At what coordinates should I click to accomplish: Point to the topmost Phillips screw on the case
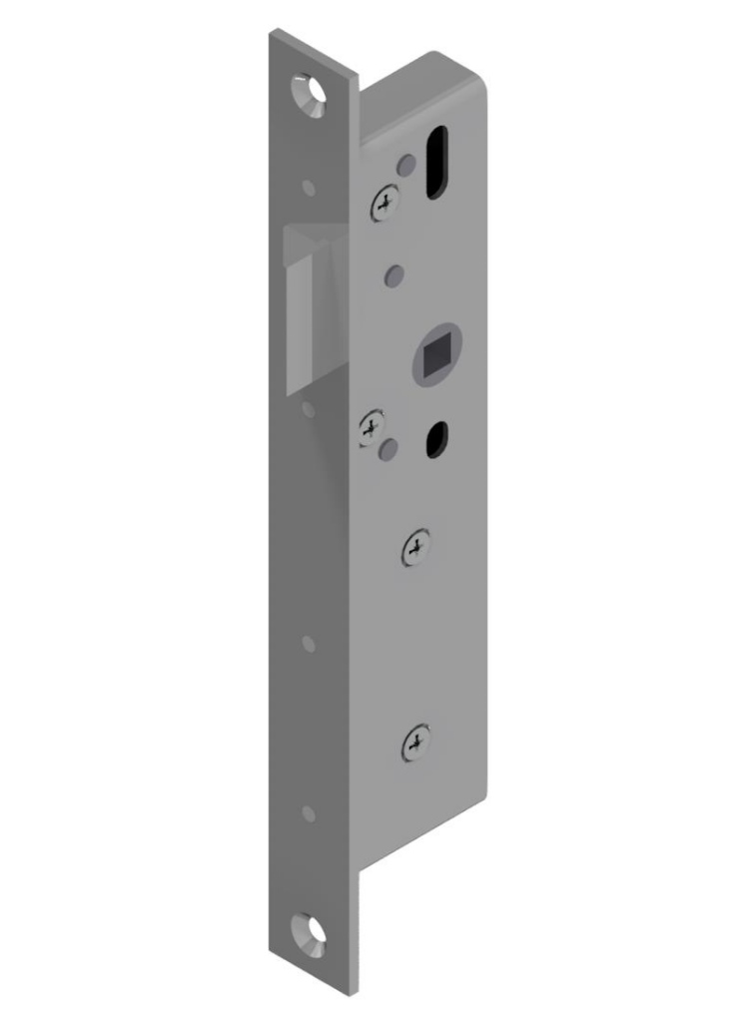(385, 206)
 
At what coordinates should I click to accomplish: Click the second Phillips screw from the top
(372, 429)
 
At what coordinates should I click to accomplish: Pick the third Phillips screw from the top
(416, 548)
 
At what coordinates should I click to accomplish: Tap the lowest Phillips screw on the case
(415, 744)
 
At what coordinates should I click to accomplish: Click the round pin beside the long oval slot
(405, 165)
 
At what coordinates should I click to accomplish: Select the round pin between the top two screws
(394, 273)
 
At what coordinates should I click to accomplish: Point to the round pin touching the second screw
(390, 448)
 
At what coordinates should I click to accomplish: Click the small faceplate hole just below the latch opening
(309, 409)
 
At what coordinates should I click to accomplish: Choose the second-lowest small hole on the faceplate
(309, 644)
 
